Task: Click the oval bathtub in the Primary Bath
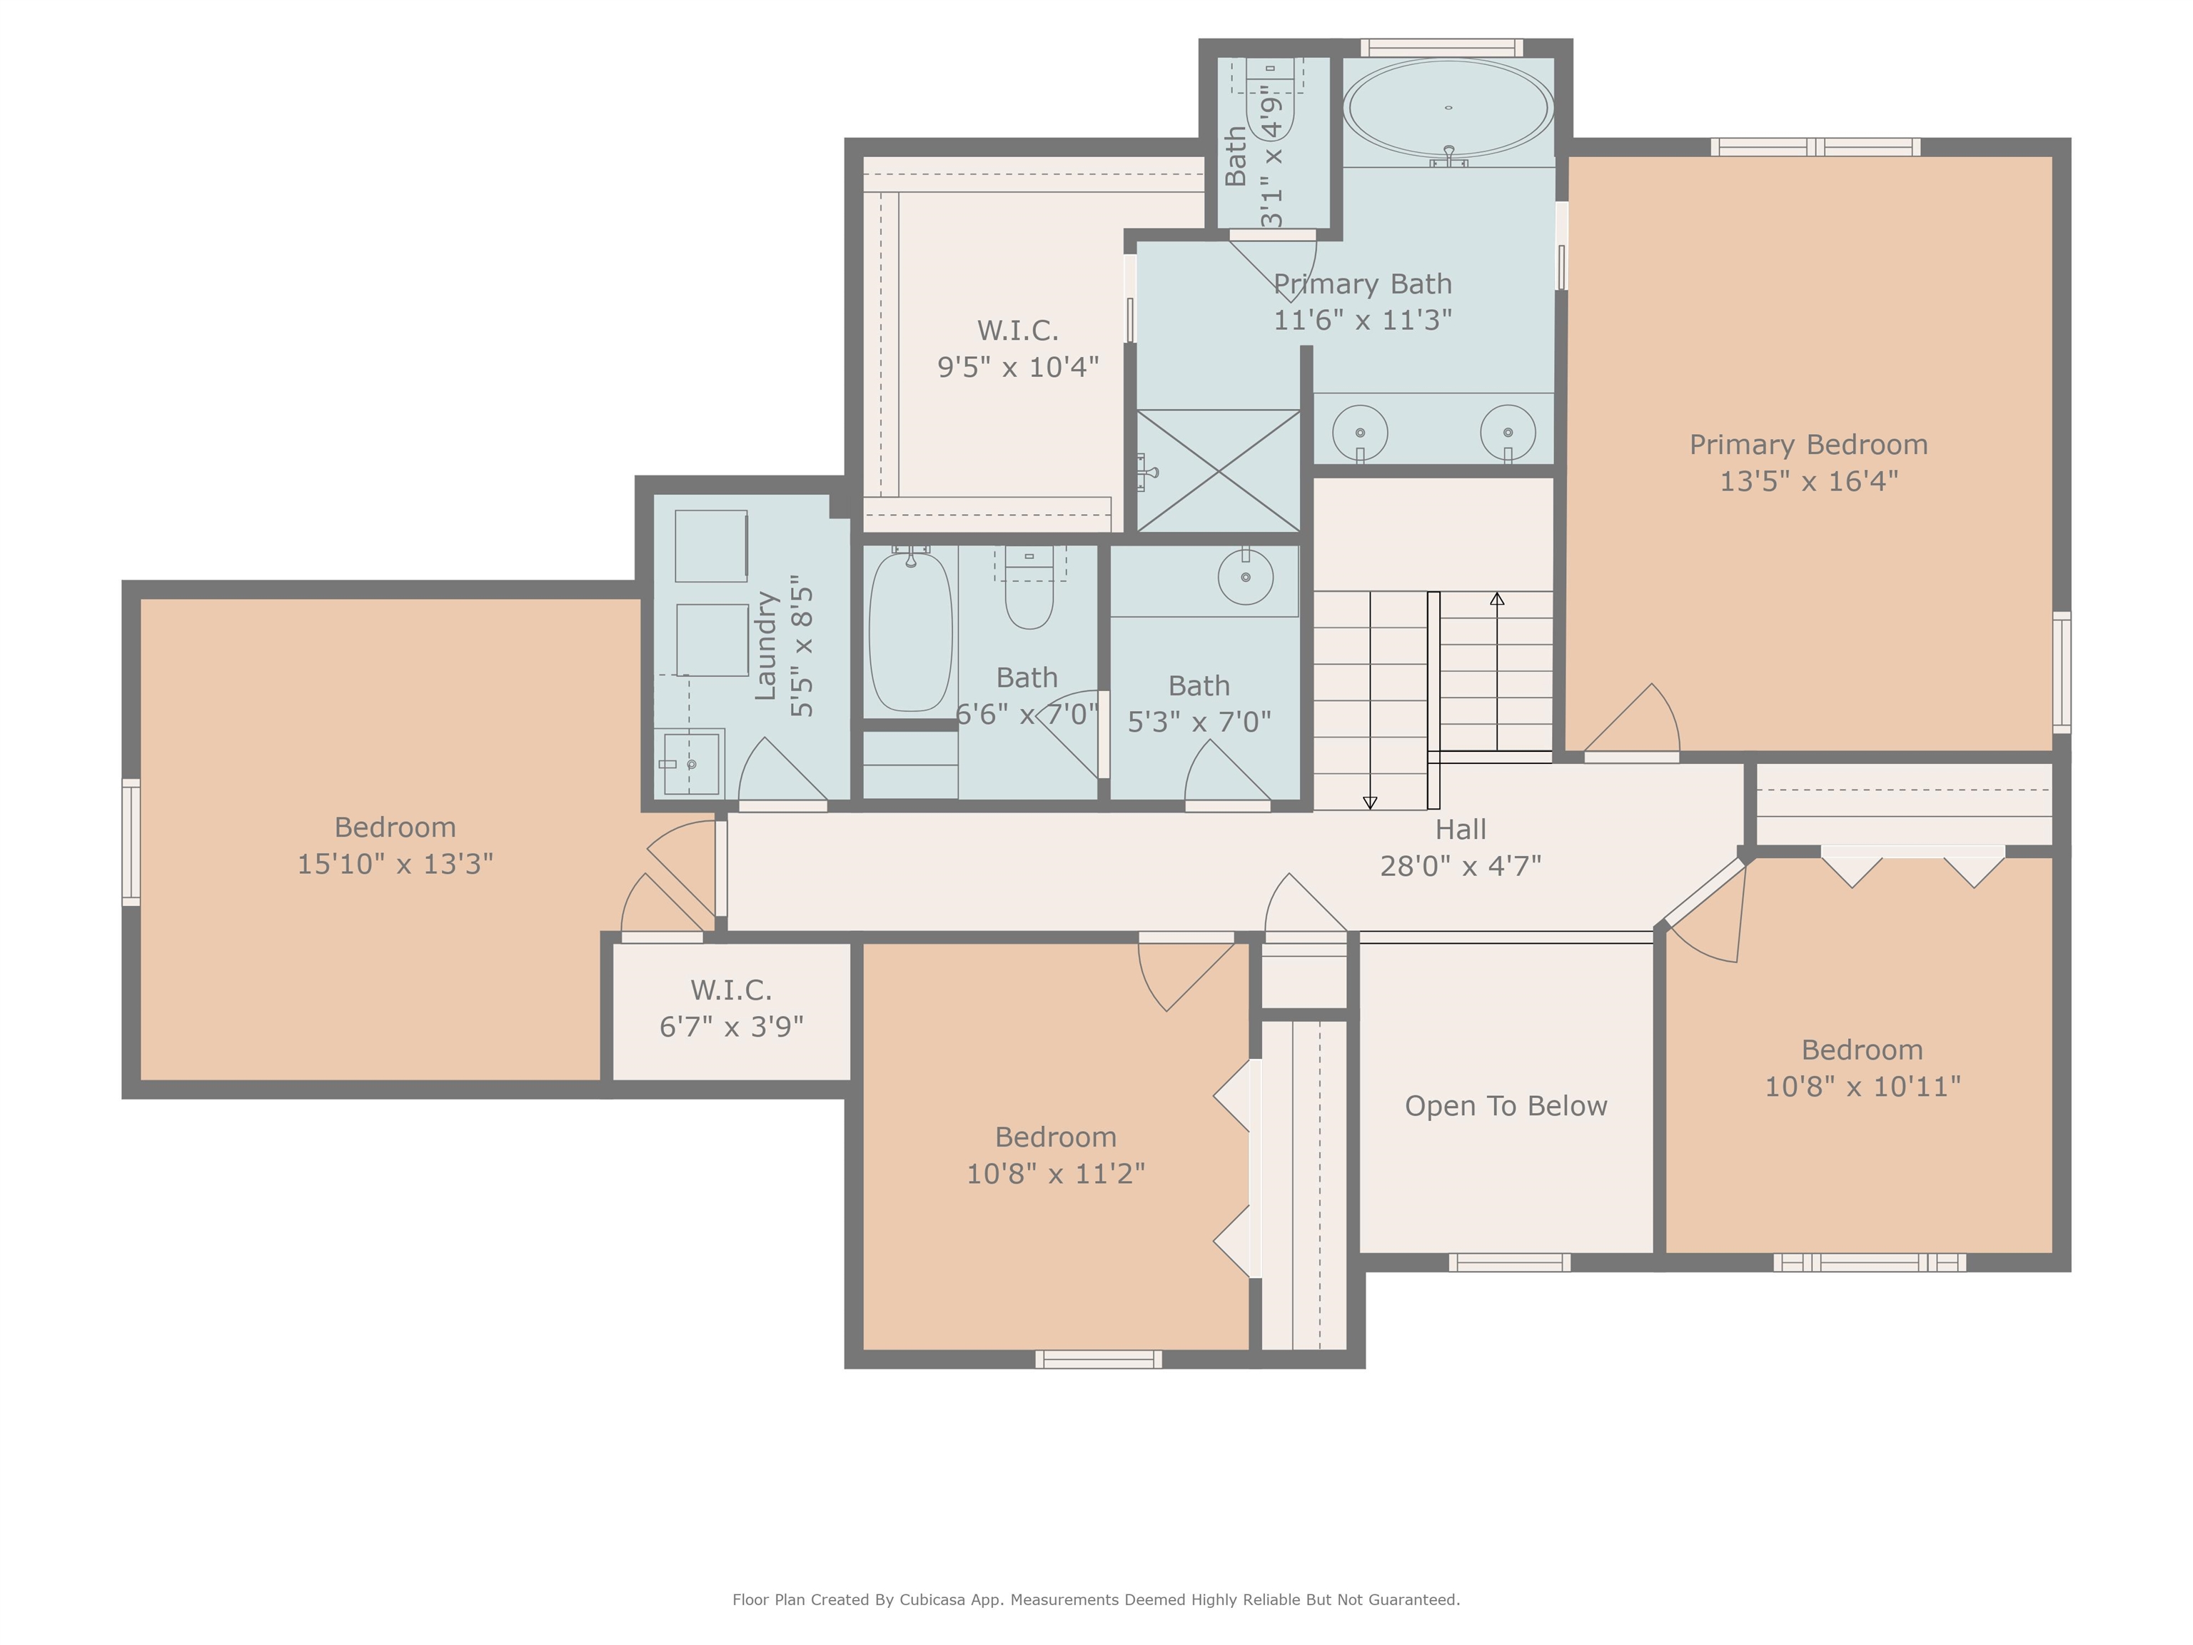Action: click(1448, 108)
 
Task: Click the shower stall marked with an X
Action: click(1219, 471)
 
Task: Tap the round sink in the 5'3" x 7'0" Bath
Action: click(1245, 577)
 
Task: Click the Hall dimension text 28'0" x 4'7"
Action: click(1461, 865)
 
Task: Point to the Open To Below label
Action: click(1506, 1105)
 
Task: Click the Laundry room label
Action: click(765, 646)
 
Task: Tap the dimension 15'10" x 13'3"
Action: click(395, 864)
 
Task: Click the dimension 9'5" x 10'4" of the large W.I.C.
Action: click(1018, 367)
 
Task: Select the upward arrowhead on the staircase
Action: click(1497, 599)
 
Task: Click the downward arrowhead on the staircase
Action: click(1370, 803)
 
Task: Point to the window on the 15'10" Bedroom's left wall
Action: click(131, 842)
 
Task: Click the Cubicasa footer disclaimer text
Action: click(1096, 1599)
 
